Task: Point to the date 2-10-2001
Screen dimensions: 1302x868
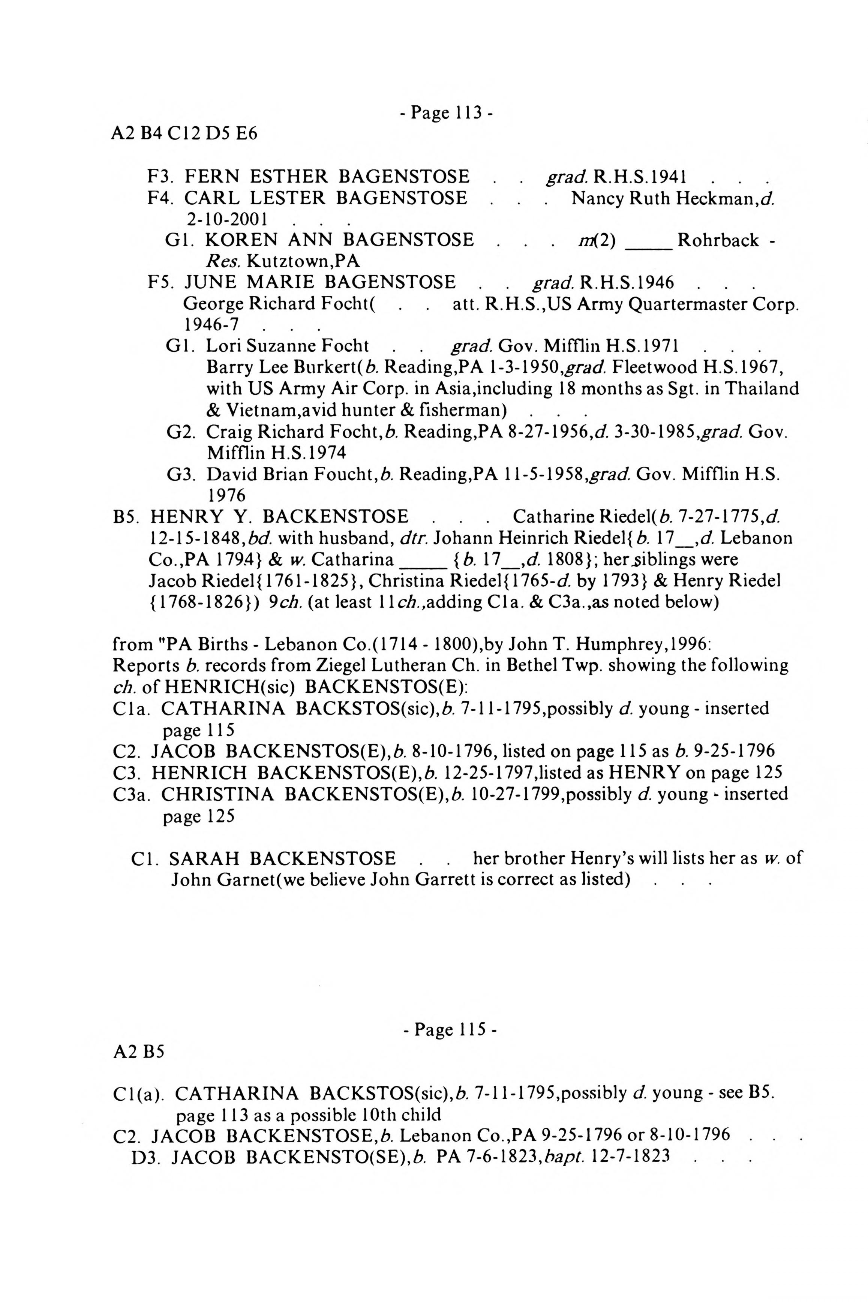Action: [227, 220]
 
